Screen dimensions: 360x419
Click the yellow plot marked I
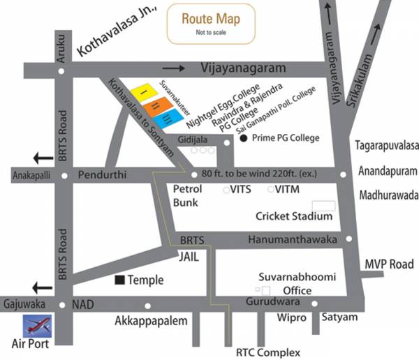(x=145, y=92)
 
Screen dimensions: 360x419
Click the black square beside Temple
(x=120, y=280)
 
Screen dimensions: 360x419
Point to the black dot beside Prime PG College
(x=243, y=139)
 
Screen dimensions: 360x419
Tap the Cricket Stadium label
(x=293, y=216)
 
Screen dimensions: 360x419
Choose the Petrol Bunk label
(x=187, y=196)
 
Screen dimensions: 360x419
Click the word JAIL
(x=189, y=256)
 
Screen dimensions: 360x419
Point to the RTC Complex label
(x=268, y=352)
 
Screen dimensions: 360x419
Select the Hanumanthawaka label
(x=292, y=239)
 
